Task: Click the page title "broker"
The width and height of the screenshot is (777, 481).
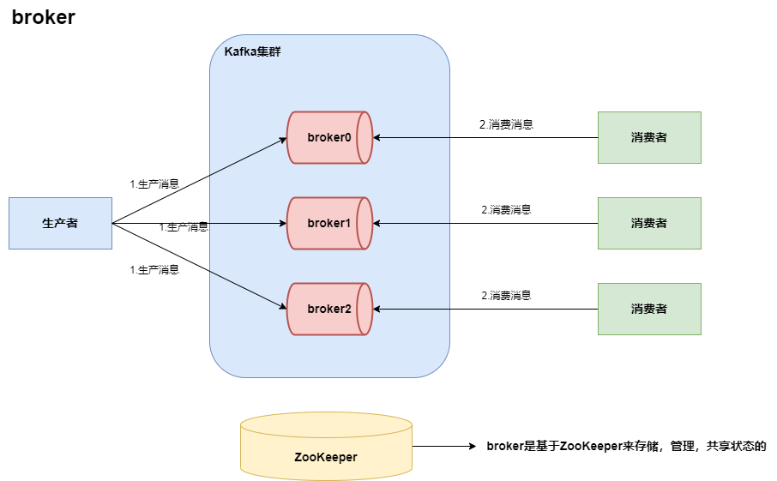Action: [x=44, y=18]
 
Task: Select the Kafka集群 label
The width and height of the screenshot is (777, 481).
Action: [x=252, y=52]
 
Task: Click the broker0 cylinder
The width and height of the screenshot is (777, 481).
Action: [x=329, y=137]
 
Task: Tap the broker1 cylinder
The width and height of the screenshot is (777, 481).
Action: [x=329, y=223]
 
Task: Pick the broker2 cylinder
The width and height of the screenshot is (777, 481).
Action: [x=329, y=309]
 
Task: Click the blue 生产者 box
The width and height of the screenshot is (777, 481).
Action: [x=60, y=223]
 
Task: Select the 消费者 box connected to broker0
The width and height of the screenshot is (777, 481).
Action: [x=649, y=137]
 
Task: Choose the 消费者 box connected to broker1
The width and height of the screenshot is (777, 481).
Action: [x=649, y=223]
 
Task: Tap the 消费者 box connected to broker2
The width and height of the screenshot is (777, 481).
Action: [x=649, y=309]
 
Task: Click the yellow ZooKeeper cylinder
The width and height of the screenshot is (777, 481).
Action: [x=326, y=447]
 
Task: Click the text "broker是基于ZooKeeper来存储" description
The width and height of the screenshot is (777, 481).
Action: [x=625, y=447]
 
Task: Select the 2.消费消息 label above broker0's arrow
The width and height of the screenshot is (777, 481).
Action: [x=506, y=124]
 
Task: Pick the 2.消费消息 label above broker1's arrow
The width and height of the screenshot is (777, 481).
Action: [x=506, y=210]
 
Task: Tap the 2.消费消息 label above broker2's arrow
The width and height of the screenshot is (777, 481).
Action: [x=506, y=296]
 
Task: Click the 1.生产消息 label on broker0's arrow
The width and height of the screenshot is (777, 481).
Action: [x=154, y=183]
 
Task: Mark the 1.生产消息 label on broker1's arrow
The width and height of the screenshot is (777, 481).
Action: [x=184, y=227]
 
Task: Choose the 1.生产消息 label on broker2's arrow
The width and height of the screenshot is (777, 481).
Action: [x=154, y=270]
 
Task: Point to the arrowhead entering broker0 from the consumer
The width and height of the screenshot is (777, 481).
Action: [x=377, y=137]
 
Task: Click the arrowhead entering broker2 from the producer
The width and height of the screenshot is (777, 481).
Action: [x=282, y=307]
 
